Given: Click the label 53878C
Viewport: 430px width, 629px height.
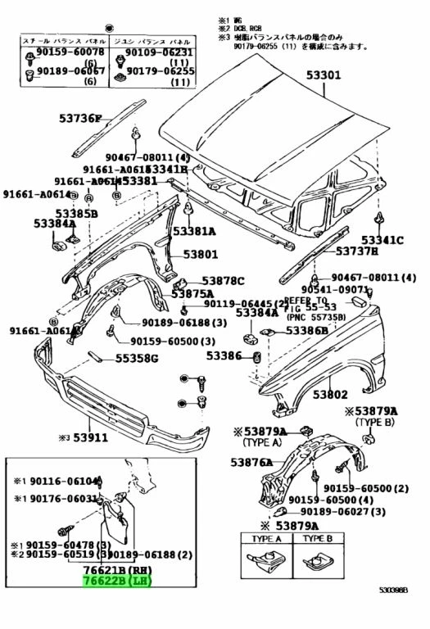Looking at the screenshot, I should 224,280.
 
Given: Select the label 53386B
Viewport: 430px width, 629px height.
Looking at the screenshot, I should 306,331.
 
